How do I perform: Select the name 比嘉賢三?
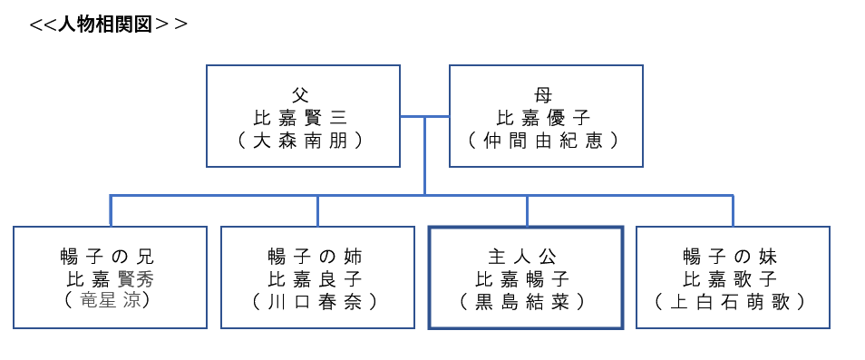click(302, 117)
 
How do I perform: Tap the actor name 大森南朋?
click(302, 140)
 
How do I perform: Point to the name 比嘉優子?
click(545, 117)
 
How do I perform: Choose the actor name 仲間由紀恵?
click(545, 140)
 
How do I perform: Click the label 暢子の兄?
click(108, 257)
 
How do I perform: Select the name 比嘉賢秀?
click(108, 278)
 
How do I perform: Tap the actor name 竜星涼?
click(108, 301)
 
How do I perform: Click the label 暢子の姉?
click(316, 257)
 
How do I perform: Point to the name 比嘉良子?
click(316, 278)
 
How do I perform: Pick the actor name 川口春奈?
click(316, 301)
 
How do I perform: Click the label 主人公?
click(525, 257)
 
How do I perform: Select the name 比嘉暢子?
click(525, 278)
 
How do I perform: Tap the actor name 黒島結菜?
click(525, 301)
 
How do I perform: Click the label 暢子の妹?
click(733, 257)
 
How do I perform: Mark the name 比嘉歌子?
click(733, 278)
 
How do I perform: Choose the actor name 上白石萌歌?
click(733, 301)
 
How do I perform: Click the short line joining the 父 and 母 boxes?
click(424, 116)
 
